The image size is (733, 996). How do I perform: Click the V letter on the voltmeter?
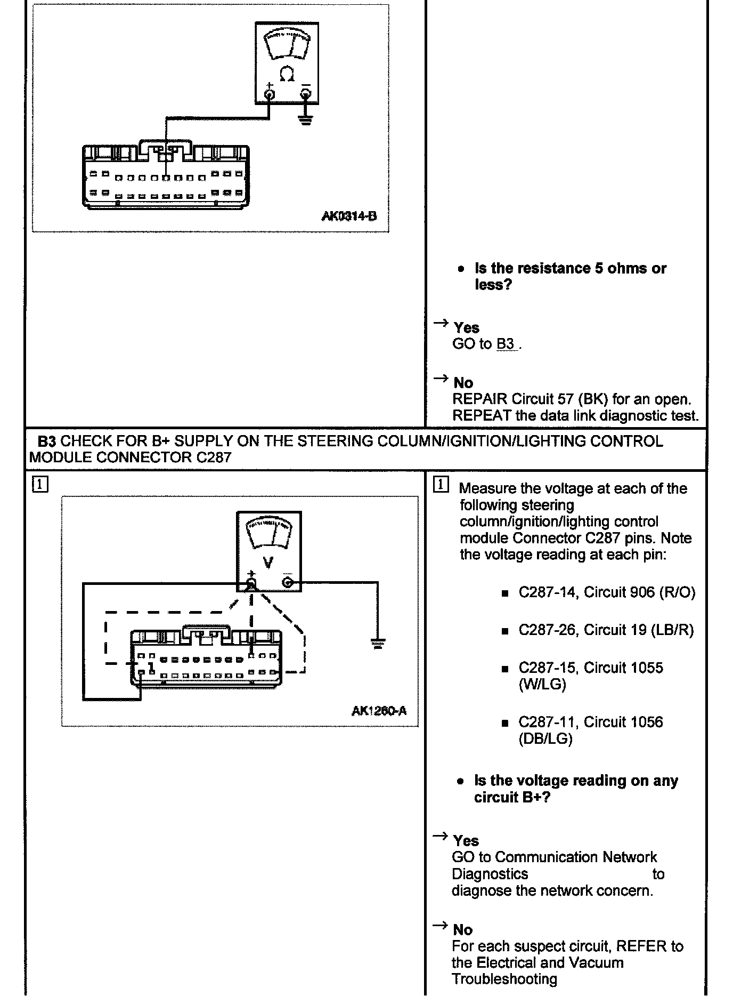[268, 563]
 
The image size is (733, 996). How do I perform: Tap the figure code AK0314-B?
[349, 216]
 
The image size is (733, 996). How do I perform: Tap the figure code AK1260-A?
[379, 710]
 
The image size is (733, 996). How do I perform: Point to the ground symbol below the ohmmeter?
[305, 119]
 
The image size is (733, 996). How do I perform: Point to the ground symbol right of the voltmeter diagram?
[378, 644]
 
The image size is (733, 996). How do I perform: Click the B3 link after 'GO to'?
[506, 344]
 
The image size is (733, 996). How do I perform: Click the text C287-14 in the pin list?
[547, 593]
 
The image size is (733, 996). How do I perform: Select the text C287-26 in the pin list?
[547, 630]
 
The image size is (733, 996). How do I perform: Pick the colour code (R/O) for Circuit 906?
[677, 593]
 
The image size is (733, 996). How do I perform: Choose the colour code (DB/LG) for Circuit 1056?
[545, 739]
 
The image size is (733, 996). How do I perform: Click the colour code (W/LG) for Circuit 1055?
[542, 685]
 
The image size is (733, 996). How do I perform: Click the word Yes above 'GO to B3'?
[466, 328]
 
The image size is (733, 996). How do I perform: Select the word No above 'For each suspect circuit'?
[462, 930]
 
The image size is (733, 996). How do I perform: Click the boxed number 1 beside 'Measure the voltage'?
[441, 485]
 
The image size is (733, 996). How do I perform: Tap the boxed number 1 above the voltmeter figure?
[40, 485]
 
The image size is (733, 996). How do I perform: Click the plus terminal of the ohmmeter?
[270, 95]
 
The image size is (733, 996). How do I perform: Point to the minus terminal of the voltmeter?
[288, 583]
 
